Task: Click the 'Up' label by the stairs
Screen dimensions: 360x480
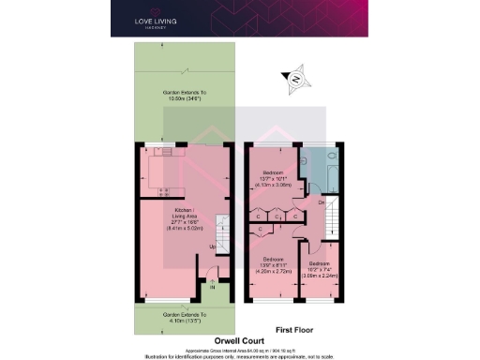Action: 212,247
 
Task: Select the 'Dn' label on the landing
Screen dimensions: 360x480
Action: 321,203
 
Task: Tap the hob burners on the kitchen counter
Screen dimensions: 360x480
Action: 166,151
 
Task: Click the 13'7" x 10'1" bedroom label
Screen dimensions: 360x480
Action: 275,178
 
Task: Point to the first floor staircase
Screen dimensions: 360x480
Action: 332,221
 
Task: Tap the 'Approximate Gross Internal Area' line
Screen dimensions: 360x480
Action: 240,347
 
